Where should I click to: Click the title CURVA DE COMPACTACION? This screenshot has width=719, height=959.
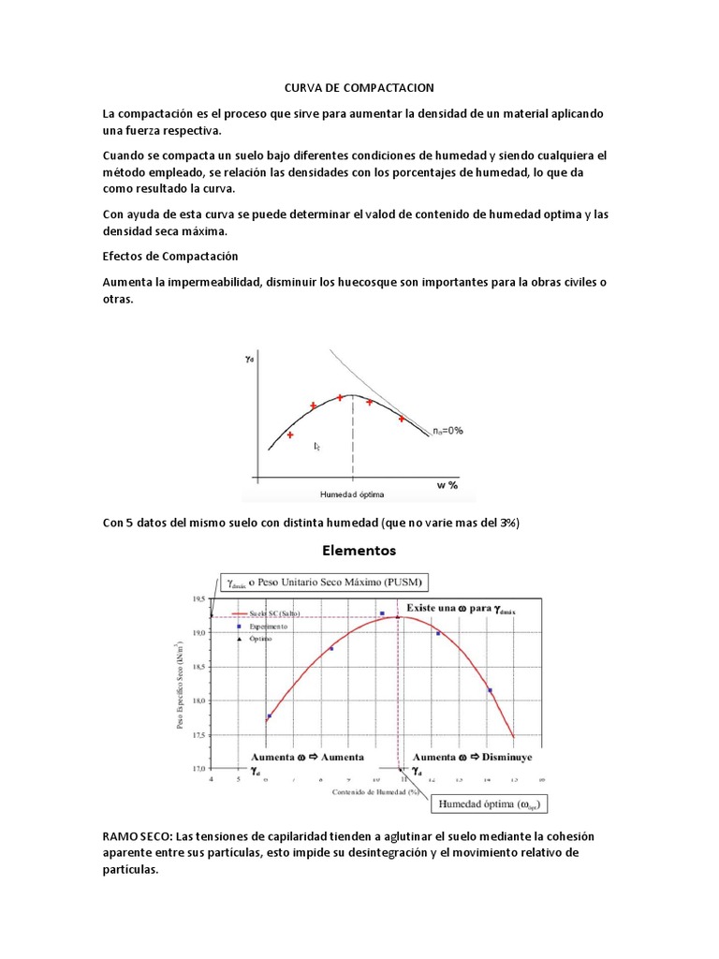coord(359,88)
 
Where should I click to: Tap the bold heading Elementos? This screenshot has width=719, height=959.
coord(359,550)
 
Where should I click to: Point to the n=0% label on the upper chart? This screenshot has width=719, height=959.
coord(447,431)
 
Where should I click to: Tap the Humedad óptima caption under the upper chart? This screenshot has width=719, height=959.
coord(352,494)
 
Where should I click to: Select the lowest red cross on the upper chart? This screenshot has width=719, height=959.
coord(290,435)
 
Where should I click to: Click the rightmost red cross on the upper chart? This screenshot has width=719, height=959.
coord(402,419)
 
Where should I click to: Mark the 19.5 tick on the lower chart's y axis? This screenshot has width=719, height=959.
coord(198,598)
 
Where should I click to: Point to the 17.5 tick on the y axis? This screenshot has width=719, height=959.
coord(198,735)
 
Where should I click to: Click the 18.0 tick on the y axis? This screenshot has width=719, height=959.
coord(198,701)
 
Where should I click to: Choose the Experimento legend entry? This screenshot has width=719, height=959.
coord(268,626)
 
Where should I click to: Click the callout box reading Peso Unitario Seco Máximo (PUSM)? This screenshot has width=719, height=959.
coord(325,583)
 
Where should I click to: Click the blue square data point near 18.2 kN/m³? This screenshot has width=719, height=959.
coord(490,691)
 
